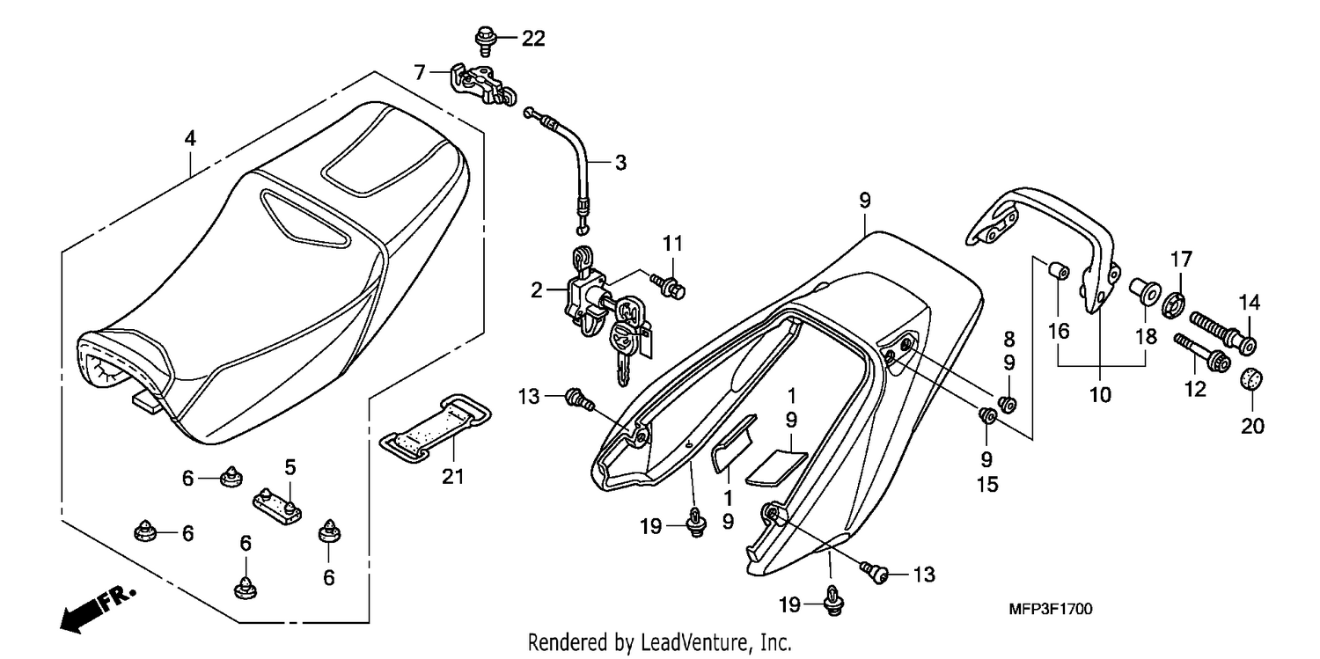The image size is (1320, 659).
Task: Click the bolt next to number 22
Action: click(484, 40)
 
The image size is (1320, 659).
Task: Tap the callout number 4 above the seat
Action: click(190, 138)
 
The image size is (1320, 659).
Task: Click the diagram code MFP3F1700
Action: click(1050, 609)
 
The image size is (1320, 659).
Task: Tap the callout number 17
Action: click(1181, 260)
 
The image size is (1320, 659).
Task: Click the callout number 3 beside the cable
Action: click(620, 163)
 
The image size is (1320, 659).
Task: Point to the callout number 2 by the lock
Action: click(536, 289)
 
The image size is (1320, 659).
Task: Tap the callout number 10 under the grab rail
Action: click(1100, 394)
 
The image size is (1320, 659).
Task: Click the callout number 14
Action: click(1250, 303)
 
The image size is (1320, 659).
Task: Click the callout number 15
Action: click(987, 485)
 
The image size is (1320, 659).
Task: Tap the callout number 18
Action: click(1147, 337)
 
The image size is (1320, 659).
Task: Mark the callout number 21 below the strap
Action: click(453, 477)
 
